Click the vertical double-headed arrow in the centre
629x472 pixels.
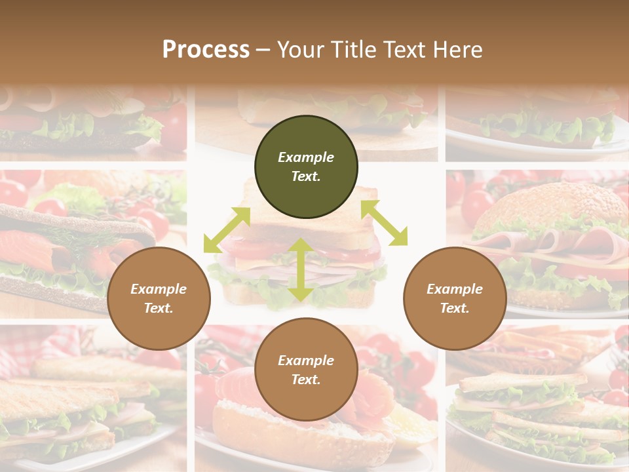[x=301, y=269]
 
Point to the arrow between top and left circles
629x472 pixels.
[x=227, y=229]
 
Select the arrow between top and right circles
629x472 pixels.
[x=384, y=223]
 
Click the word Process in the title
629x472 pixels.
[x=206, y=49]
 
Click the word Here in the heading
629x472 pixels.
[x=457, y=49]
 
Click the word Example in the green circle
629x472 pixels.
[x=306, y=157]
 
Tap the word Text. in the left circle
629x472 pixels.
[x=159, y=308]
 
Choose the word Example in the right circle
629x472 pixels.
[x=455, y=289]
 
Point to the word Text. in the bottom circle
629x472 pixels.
[x=306, y=380]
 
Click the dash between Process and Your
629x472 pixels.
[x=263, y=50]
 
